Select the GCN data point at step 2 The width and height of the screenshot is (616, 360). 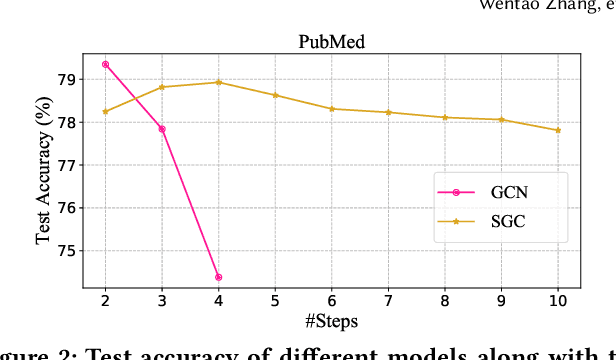[x=106, y=64]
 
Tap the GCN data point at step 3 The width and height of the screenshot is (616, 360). [x=162, y=129]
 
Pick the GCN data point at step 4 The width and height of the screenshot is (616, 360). [x=219, y=277]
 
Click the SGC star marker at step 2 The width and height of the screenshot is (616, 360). [x=106, y=111]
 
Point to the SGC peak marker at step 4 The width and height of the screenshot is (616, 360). [x=219, y=82]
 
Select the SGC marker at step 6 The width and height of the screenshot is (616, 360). [x=332, y=109]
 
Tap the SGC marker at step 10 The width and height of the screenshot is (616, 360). [x=558, y=130]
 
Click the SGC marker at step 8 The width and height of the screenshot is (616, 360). [x=445, y=117]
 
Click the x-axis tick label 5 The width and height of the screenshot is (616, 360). [x=276, y=301]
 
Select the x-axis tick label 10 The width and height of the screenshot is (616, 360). [x=558, y=301]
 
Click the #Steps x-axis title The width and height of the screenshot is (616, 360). [x=331, y=323]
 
